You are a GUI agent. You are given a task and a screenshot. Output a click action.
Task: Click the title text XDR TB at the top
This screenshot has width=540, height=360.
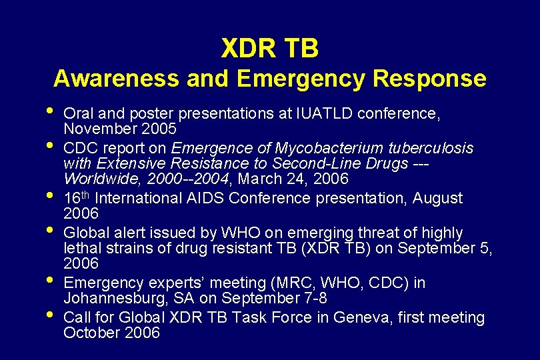click(x=269, y=48)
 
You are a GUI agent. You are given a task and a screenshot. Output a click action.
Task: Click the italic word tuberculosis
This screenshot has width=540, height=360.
click(x=435, y=147)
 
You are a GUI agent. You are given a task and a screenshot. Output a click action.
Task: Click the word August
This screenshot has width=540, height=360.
click(x=437, y=198)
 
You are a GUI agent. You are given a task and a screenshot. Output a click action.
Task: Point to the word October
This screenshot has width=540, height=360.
click(x=92, y=333)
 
